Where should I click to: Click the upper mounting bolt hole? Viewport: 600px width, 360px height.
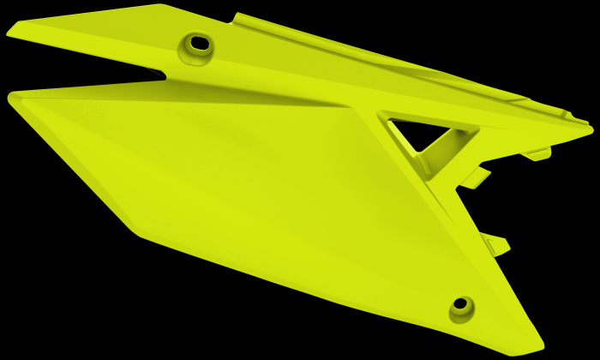click(x=199, y=42)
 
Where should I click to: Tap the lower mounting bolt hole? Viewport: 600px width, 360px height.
click(x=460, y=303)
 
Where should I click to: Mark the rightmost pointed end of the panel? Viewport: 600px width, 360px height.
click(x=591, y=130)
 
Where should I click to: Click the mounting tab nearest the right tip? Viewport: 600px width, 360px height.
click(x=537, y=155)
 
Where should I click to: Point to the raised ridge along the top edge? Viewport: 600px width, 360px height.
click(x=343, y=43)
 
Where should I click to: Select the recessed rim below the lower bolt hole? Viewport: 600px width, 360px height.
click(x=459, y=318)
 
